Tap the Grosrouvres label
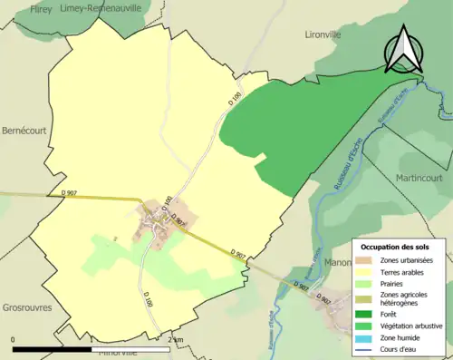26,308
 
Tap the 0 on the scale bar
14,340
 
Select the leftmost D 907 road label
69,192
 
